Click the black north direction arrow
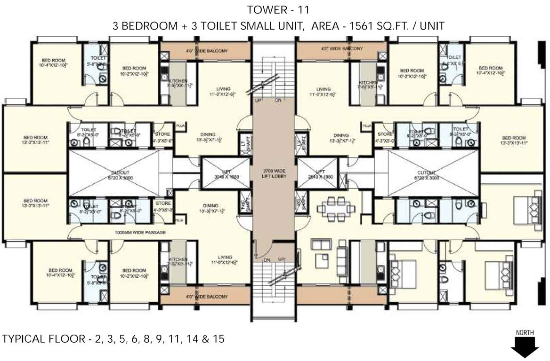click(x=525, y=348)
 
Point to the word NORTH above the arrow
click(x=525, y=333)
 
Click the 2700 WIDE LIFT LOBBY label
click(x=274, y=172)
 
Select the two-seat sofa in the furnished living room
click(x=321, y=244)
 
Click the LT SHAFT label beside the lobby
click(x=244, y=146)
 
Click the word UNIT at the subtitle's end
click(x=430, y=26)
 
